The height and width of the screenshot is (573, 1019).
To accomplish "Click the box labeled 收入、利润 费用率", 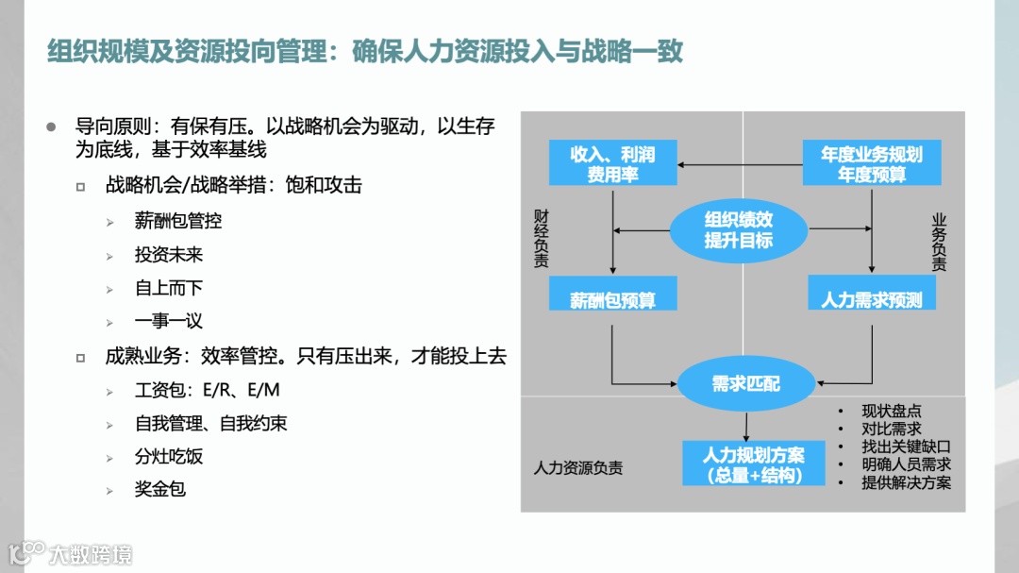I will pos(613,163).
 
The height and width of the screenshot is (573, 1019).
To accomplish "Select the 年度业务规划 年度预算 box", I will pos(871,163).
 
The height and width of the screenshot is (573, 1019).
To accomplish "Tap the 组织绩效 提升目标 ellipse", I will pos(738,229).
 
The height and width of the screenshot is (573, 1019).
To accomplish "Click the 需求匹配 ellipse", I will pos(745,383).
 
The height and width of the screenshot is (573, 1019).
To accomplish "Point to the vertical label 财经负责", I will pos(541,240).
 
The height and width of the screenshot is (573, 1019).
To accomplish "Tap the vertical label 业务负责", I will pos(939,244).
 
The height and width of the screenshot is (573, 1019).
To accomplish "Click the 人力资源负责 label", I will pos(578,468).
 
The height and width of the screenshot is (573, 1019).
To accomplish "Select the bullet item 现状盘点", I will pos(891,411).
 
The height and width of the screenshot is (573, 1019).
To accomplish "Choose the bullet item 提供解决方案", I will pos(906,482).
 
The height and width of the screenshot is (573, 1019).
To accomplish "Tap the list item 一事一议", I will pos(169,321).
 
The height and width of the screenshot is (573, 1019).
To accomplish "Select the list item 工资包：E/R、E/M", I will pos(208,390).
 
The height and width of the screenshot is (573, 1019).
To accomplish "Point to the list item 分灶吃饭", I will pos(169,457).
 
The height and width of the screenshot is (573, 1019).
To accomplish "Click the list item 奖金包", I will pos(160,490).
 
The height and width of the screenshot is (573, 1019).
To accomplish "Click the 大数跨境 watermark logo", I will pos(72,552).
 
